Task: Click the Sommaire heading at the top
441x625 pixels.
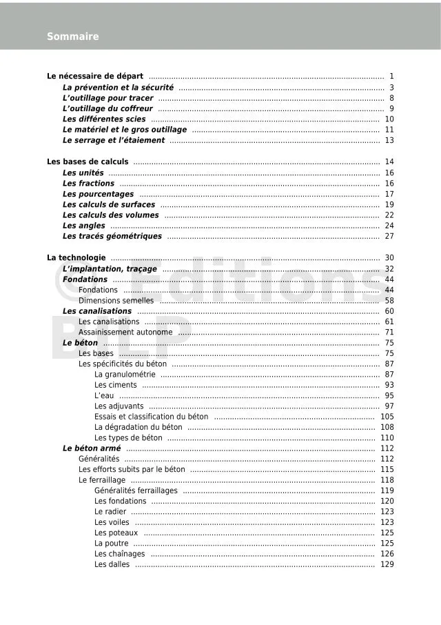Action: (x=72, y=37)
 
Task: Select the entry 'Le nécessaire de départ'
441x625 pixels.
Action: (x=95, y=76)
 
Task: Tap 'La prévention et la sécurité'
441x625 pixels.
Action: (x=118, y=88)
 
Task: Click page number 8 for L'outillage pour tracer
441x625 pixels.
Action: (x=391, y=98)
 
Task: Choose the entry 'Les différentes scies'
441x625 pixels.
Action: (x=104, y=119)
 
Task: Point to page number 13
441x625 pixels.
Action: (x=389, y=141)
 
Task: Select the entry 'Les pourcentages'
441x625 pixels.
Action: (x=98, y=194)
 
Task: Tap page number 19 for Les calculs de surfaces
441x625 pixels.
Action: (x=389, y=205)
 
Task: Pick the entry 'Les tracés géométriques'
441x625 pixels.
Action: (x=112, y=237)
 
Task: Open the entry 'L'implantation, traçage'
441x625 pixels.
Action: (x=110, y=269)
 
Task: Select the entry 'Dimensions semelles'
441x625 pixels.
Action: (x=116, y=301)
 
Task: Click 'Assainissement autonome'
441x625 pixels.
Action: (x=125, y=333)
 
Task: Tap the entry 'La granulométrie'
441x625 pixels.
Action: (x=125, y=375)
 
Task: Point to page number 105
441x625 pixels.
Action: (x=387, y=417)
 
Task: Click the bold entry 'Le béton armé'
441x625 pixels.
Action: (x=91, y=448)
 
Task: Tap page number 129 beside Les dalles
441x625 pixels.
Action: (x=387, y=564)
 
